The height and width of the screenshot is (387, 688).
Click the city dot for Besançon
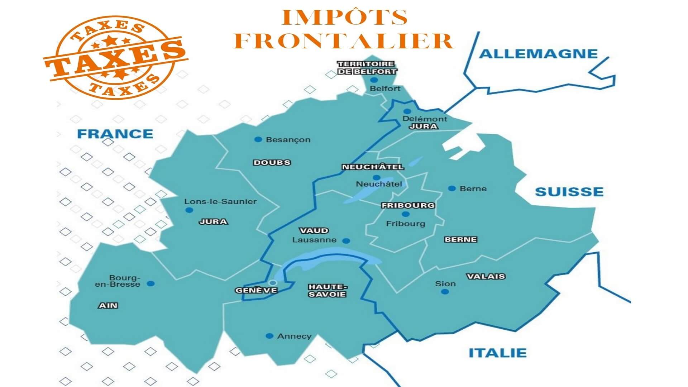pos(258,139)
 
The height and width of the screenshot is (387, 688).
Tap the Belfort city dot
pos(374,80)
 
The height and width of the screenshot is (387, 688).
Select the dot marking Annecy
pos(269,336)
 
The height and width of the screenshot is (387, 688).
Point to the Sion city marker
pos(445,292)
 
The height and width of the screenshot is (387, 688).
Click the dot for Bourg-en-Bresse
pos(151,283)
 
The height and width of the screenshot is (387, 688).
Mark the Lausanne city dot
pos(346,241)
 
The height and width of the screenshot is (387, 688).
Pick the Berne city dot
pos(452,188)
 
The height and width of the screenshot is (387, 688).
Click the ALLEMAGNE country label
pos(538,54)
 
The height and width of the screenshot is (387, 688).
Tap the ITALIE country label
pos(498,353)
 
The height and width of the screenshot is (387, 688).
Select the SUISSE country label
pos(569,192)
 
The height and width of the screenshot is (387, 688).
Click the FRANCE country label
pos(115,134)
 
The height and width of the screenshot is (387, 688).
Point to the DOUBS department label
pos(272,163)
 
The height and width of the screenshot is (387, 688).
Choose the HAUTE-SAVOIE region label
pos(328,291)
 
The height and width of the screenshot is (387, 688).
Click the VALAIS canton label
pos(486,276)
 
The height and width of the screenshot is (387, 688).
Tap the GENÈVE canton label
pos(256,290)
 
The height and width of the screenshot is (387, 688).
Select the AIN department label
pos(108,306)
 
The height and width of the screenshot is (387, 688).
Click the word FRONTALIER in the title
pos(344,41)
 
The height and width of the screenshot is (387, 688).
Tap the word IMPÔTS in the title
pos(345,17)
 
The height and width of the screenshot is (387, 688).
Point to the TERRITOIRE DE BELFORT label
pos(367,68)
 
